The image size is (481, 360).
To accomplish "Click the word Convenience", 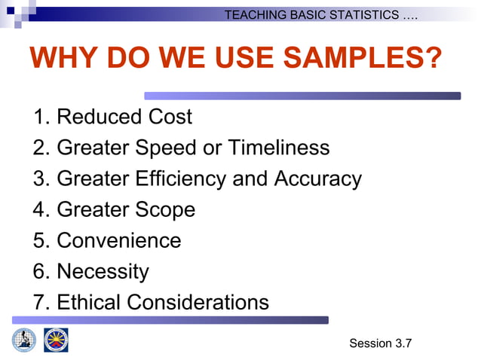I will [x=119, y=240].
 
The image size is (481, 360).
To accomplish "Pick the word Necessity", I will [x=103, y=271].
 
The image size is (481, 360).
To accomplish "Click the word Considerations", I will [x=198, y=302].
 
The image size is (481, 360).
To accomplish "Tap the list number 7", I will [x=40, y=302].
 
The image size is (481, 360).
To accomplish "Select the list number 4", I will [x=40, y=209].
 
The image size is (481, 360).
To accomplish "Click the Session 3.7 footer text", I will [x=380, y=343].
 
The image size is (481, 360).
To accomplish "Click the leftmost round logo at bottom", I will [x=23, y=340].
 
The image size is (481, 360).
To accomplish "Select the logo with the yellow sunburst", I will [x=56, y=340].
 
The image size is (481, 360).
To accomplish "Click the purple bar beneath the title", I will [x=302, y=96].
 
